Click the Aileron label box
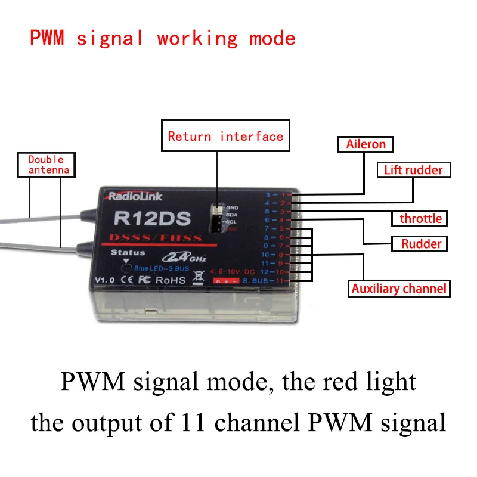click(x=366, y=144)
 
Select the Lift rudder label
click(x=413, y=170)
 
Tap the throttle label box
click(x=420, y=218)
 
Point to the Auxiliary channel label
click(x=398, y=289)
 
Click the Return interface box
click(x=225, y=137)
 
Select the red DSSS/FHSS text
click(x=156, y=238)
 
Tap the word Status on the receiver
click(x=128, y=253)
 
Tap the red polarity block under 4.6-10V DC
click(x=227, y=280)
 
